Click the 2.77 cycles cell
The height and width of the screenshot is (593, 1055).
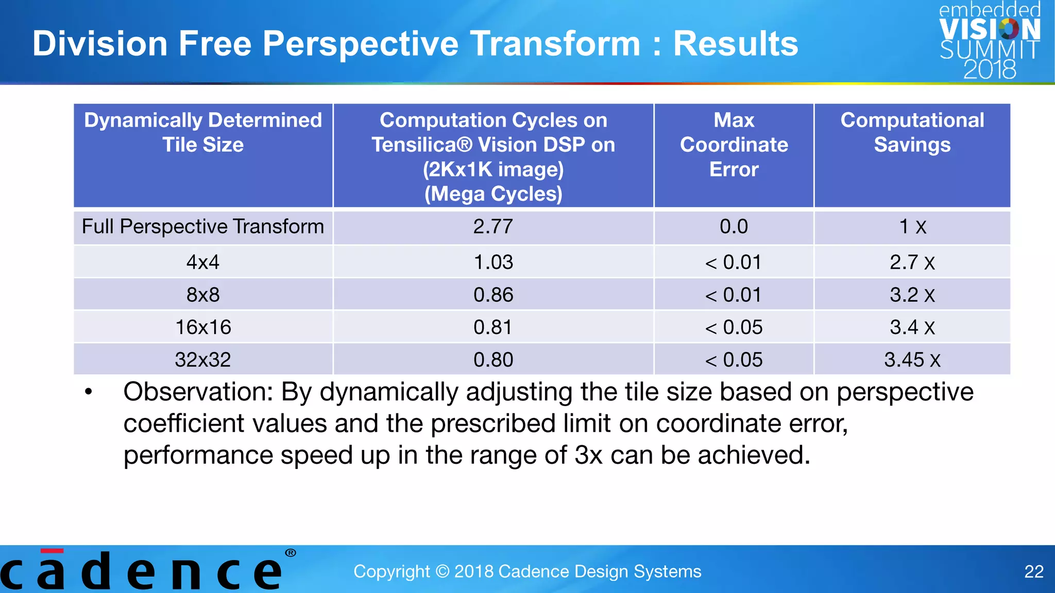(493, 227)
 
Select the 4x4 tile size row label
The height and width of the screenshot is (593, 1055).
(202, 263)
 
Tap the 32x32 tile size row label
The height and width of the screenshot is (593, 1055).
(202, 360)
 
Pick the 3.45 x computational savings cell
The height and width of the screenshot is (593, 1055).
(912, 360)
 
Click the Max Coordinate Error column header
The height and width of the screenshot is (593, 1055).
(734, 145)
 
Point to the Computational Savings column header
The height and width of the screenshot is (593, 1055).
(912, 132)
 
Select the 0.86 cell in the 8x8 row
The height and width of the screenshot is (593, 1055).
(493, 295)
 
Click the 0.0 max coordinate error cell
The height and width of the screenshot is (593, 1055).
(734, 227)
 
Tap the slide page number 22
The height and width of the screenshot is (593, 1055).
(1033, 571)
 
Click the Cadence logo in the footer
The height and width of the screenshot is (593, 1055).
(144, 570)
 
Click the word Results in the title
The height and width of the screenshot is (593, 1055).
(736, 44)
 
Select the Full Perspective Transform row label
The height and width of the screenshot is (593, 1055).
(202, 227)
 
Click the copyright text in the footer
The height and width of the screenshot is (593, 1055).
(527, 571)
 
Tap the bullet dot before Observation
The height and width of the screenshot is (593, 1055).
(89, 392)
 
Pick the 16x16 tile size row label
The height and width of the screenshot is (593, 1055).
(202, 327)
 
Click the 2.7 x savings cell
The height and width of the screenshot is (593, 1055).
(912, 263)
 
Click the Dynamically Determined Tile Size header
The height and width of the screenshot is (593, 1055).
(202, 132)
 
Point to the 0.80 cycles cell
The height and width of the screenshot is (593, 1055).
(493, 360)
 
